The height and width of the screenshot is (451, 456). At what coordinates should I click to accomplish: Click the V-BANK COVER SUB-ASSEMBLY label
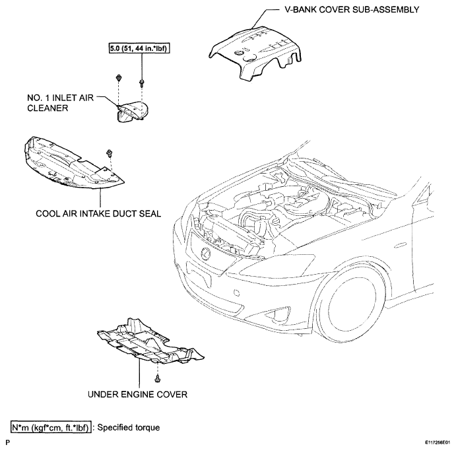click(352, 10)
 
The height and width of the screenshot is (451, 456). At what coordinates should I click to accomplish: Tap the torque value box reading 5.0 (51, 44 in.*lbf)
click(139, 48)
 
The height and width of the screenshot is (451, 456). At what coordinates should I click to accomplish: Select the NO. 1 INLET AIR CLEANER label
click(61, 103)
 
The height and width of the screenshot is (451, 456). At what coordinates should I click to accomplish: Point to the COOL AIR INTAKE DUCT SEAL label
click(98, 213)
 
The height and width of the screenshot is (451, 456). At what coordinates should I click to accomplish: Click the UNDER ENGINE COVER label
click(137, 394)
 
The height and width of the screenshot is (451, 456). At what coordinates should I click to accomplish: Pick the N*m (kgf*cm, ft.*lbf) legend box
click(51, 427)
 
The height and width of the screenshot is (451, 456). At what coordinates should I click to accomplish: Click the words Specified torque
click(128, 427)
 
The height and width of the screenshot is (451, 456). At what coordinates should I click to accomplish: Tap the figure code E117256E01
click(440, 442)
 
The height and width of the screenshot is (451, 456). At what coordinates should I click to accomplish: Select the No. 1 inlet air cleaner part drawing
click(133, 112)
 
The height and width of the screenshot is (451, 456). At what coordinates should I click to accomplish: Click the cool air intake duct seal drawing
click(73, 163)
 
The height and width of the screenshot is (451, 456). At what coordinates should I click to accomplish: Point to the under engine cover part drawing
click(150, 341)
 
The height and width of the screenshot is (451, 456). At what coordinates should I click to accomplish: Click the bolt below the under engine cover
click(158, 378)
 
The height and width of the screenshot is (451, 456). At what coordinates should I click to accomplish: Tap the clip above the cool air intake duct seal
click(110, 153)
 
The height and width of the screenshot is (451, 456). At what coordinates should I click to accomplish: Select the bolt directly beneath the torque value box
click(142, 83)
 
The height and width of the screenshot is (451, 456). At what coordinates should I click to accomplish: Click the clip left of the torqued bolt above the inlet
click(118, 78)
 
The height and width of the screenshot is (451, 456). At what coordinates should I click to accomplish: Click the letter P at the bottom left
click(7, 443)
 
